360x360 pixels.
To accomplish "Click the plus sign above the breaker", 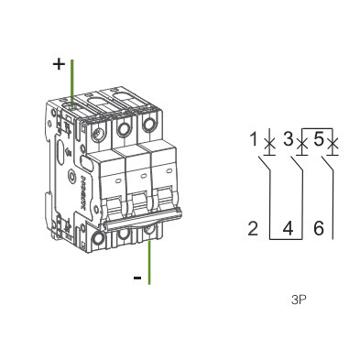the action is pos(59,64).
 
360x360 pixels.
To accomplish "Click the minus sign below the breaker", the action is pos(137,278).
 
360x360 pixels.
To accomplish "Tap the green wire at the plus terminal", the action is pos(72,83).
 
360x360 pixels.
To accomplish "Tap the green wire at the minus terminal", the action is pos(149,263).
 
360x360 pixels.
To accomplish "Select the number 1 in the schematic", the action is pos(254,139).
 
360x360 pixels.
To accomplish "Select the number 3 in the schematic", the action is pos(288,139).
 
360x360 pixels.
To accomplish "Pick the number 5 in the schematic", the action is pos(318,139).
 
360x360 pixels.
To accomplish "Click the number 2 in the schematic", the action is pos(253,229).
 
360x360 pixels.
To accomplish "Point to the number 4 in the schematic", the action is pos(288,229).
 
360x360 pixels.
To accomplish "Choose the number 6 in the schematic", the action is pos(319,229).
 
